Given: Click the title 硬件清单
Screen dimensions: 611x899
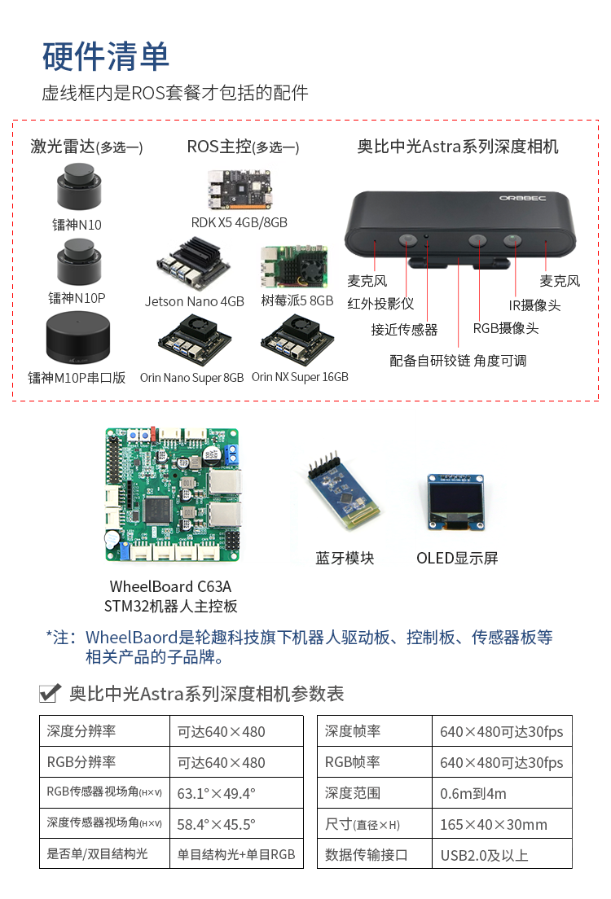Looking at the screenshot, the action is (x=106, y=57).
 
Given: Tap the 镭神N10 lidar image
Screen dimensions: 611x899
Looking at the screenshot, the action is (x=79, y=186).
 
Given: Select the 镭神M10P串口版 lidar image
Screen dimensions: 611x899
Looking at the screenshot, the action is (x=77, y=338).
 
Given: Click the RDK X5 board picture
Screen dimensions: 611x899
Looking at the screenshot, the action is (x=240, y=189).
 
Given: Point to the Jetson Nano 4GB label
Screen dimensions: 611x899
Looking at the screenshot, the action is (x=195, y=301).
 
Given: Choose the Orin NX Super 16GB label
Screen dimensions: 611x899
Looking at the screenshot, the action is (x=300, y=377).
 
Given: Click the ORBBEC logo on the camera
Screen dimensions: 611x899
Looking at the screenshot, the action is (x=522, y=199).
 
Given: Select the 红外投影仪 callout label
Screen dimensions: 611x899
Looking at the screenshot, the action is (x=380, y=304).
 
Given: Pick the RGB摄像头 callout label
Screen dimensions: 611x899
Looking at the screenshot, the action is (x=506, y=328).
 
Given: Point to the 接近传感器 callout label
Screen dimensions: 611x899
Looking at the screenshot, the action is (x=404, y=330).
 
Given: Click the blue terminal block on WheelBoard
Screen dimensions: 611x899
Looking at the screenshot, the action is (x=232, y=454).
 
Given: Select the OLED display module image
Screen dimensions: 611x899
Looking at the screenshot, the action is (x=455, y=502).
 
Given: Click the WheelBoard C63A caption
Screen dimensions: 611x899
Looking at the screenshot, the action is (x=170, y=586).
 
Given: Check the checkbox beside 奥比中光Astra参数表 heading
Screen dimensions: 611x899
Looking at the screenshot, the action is (x=50, y=693).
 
